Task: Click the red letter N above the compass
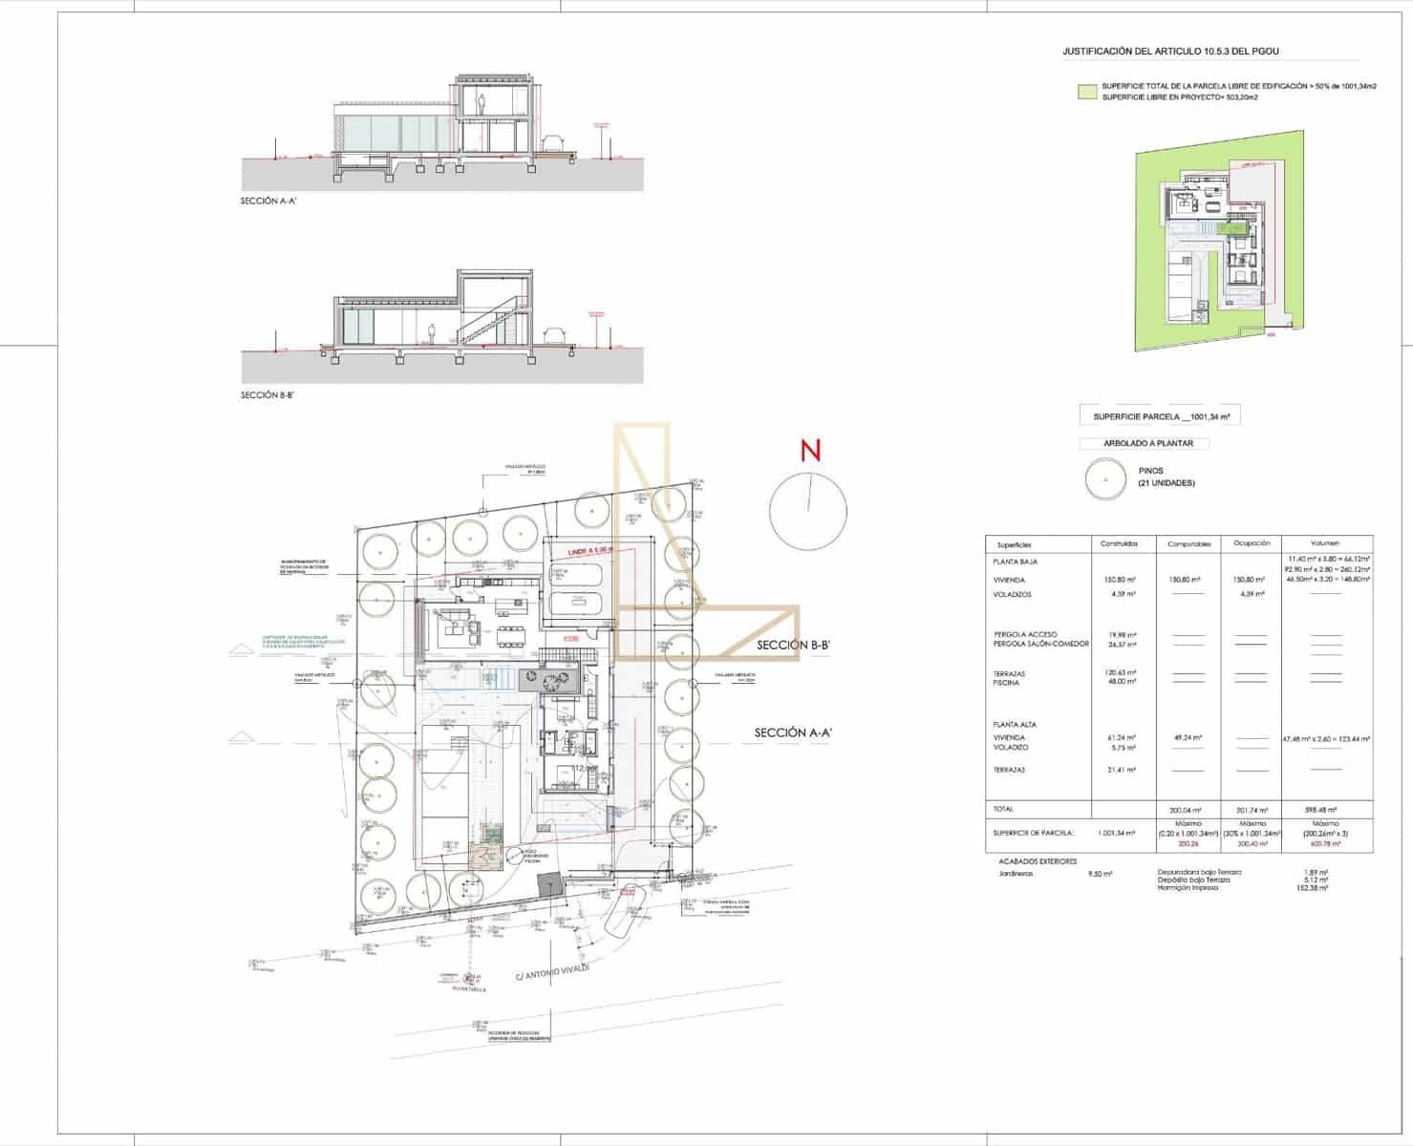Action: tap(810, 450)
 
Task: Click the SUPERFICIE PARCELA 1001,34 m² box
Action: tap(1160, 416)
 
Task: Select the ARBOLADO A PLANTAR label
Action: tap(1142, 443)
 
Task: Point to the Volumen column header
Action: tap(1325, 543)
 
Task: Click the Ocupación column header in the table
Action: tap(1252, 543)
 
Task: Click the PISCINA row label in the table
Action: tap(1006, 683)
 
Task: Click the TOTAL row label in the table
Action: tap(1003, 809)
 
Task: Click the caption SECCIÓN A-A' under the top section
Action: tap(266, 202)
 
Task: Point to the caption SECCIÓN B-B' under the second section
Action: tap(266, 394)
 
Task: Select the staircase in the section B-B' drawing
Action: tap(486, 323)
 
